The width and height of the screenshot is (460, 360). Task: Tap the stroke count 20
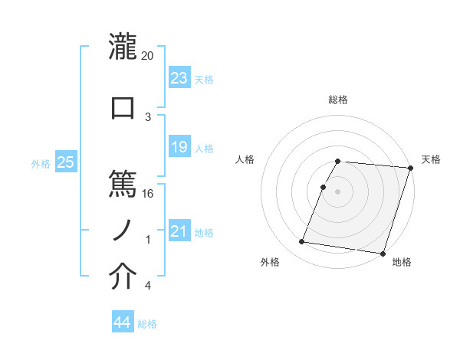(x=147, y=55)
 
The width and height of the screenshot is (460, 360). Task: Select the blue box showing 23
(x=179, y=78)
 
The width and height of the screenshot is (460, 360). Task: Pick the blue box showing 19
(x=179, y=147)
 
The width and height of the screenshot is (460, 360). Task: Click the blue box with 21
(x=179, y=231)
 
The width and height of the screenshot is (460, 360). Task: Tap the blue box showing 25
(x=65, y=162)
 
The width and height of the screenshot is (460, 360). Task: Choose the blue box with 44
(x=122, y=323)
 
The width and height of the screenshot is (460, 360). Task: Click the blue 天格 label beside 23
(x=203, y=80)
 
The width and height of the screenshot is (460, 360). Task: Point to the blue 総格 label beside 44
(x=147, y=325)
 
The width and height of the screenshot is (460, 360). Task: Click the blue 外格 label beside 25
(x=41, y=164)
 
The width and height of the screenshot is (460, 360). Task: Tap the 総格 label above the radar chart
(x=337, y=100)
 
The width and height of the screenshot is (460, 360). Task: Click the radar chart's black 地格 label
(x=402, y=263)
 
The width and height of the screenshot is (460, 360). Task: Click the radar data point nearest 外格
(x=302, y=242)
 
